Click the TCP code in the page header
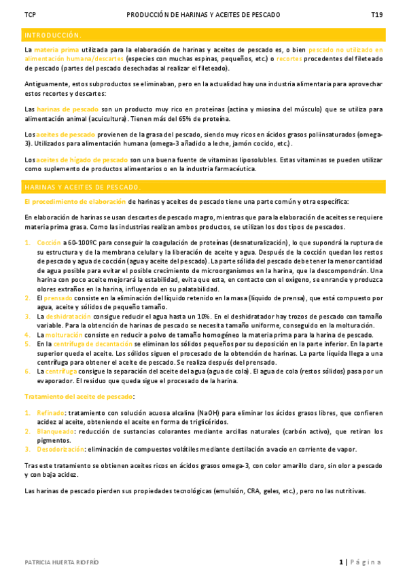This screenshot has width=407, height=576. click(x=30, y=14)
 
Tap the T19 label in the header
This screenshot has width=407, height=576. click(x=376, y=14)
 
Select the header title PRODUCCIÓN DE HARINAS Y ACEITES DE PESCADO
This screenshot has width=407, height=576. click(x=203, y=14)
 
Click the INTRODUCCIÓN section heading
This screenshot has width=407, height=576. click(x=52, y=35)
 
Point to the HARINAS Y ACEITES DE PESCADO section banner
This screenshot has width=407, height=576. click(x=82, y=186)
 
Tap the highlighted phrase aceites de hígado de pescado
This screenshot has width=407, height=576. click(x=81, y=160)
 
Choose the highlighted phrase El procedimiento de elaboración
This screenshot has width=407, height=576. click(x=75, y=202)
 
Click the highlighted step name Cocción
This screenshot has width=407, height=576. click(x=49, y=242)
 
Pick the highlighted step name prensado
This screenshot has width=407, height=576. click(x=59, y=298)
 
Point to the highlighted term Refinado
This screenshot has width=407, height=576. click(x=51, y=412)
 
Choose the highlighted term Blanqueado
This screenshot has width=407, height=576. click(x=54, y=431)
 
